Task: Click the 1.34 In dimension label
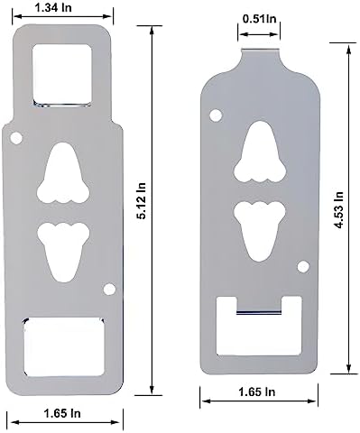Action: (x=53, y=7)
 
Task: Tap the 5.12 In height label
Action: (x=141, y=201)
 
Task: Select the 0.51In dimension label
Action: (x=259, y=19)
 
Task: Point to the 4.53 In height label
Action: (x=339, y=209)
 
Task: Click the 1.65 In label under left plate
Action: (x=62, y=413)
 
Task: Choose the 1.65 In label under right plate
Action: (x=256, y=392)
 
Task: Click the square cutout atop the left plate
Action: (x=61, y=76)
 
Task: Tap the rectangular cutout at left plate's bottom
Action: (x=64, y=346)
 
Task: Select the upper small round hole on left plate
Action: (x=16, y=138)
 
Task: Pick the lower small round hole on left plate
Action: (x=109, y=290)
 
